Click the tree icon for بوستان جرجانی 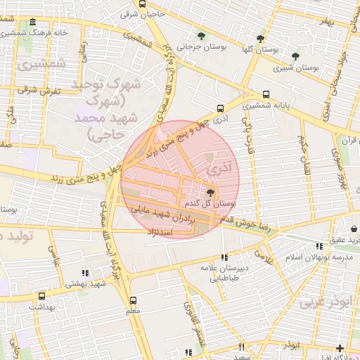tap(202, 36)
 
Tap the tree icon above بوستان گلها tap(261, 39)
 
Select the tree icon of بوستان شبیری tap(295, 56)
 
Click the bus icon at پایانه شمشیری tap(266, 94)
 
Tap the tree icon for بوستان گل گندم tap(210, 192)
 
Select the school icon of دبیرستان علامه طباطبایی tap(224, 258)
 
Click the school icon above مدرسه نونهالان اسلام tap(320, 246)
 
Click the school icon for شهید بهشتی tap(85, 273)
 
